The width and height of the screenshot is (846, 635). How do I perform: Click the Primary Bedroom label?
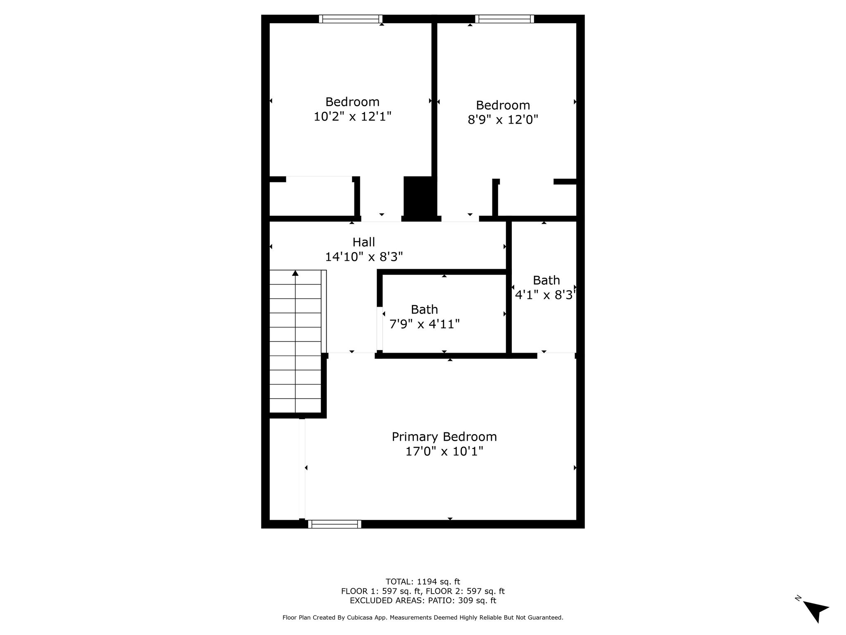pos(444,437)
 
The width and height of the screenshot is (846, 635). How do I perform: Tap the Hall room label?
pos(364,242)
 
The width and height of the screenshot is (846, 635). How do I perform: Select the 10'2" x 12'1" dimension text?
pos(352,116)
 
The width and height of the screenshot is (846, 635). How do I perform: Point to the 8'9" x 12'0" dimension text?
pos(503,119)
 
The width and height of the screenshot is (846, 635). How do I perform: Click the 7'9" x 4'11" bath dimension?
pos(425,324)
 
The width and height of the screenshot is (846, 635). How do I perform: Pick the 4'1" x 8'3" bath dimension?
pos(545,295)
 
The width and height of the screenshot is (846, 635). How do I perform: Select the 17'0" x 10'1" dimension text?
pos(444,451)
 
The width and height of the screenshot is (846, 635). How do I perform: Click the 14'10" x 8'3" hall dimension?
pos(364,257)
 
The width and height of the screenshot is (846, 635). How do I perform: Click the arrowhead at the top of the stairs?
pos(295,273)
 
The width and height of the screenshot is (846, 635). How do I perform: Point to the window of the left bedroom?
pos(351,19)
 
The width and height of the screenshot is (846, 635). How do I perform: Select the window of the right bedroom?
pos(504,19)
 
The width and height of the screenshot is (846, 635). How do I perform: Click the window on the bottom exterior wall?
pos(335,524)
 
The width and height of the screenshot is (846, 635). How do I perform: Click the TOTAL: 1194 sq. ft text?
pos(423,582)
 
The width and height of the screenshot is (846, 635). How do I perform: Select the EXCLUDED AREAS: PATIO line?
pos(423,601)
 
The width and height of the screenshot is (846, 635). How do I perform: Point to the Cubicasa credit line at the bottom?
pos(423,618)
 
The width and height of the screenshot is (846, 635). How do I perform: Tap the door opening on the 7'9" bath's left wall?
pos(380,329)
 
